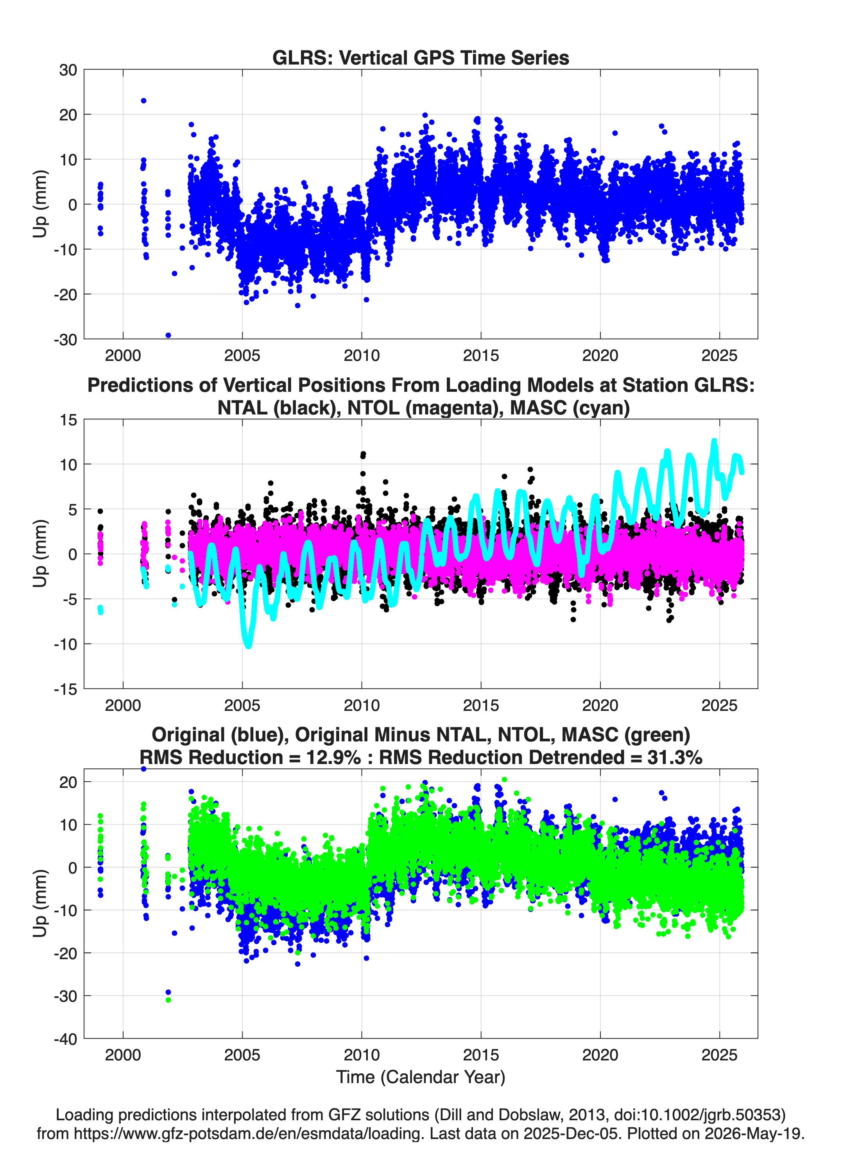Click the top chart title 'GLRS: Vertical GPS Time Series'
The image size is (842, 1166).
pos(421,57)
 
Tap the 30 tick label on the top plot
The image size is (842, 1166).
pos(68,70)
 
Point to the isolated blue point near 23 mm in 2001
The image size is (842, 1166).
pos(143,101)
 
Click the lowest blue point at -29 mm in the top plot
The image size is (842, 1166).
pos(168,335)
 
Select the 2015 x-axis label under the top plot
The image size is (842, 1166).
pos(481,355)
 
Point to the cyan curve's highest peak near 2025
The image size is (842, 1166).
pos(714,441)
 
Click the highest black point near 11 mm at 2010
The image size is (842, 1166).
pos(363,454)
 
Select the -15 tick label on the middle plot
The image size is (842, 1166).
pos(65,689)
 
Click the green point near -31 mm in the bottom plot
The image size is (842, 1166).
pos(168,1000)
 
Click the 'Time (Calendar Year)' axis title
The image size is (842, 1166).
pos(421,1077)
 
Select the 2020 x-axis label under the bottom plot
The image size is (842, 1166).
pos(600,1055)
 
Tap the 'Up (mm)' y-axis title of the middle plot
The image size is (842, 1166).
pos(40,553)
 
